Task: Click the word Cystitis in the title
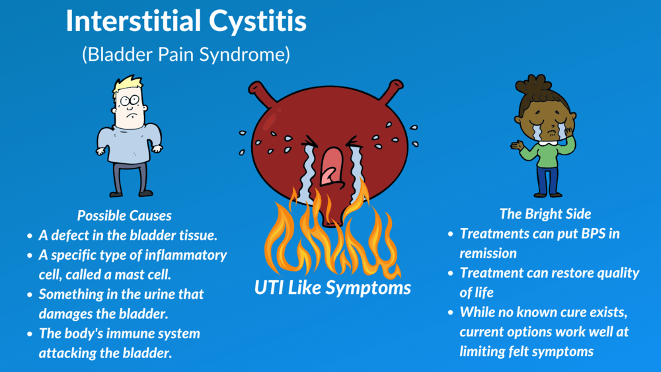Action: pyautogui.click(x=258, y=22)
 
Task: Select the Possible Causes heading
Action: pyautogui.click(x=124, y=215)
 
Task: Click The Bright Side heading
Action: pyautogui.click(x=545, y=214)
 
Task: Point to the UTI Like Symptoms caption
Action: pyautogui.click(x=332, y=288)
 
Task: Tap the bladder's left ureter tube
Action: pyautogui.click(x=262, y=93)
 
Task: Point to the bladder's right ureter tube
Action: pyautogui.click(x=391, y=91)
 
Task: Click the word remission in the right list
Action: pyautogui.click(x=488, y=253)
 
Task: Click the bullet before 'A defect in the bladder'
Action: pyautogui.click(x=30, y=236)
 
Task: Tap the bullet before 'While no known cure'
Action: pyautogui.click(x=451, y=313)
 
